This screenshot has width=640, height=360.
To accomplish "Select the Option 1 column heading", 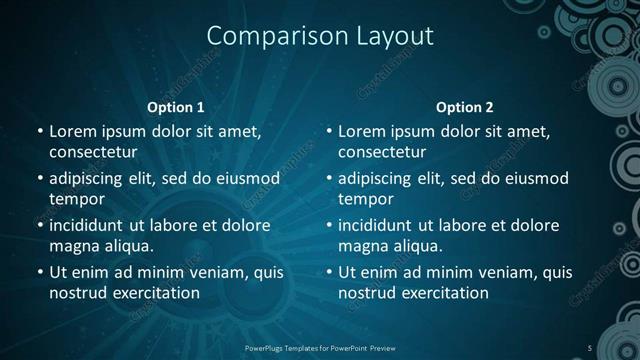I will (176, 107).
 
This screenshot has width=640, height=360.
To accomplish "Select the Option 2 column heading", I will (465, 107).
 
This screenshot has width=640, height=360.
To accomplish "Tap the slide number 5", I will (590, 347).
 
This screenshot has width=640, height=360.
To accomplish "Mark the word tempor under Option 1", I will (76, 199).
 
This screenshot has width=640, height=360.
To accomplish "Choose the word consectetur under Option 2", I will (382, 152).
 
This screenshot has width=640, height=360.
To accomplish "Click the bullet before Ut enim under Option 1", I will (39, 272).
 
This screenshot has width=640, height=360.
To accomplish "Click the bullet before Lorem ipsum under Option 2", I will (328, 131).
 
